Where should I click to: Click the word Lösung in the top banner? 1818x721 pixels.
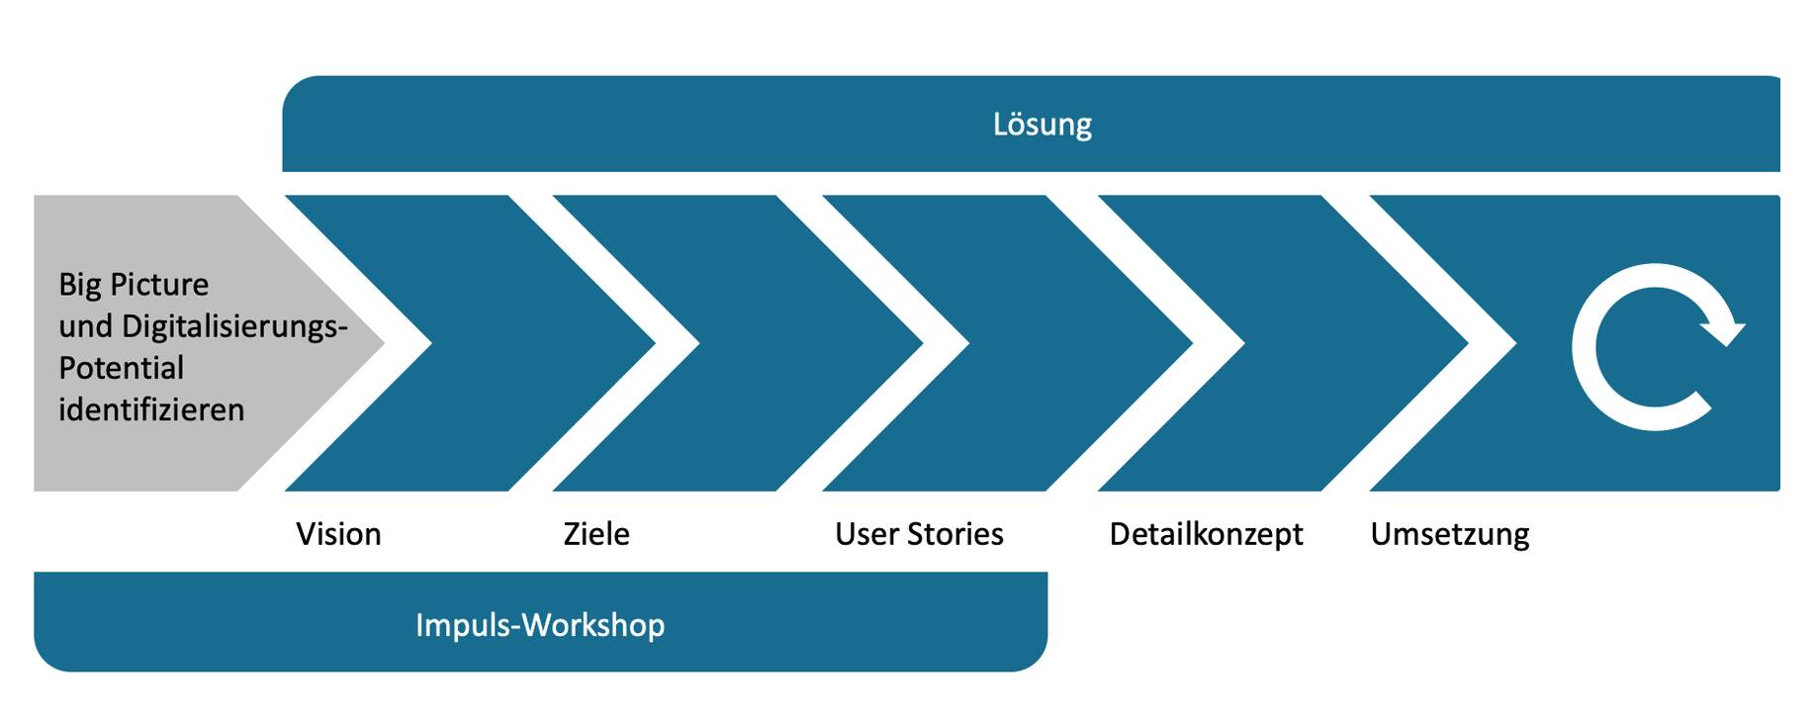point(1042,125)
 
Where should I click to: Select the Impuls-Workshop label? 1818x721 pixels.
point(540,625)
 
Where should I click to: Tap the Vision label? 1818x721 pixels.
point(338,534)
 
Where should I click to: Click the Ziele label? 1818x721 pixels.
point(596,534)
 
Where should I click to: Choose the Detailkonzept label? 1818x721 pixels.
point(1206,535)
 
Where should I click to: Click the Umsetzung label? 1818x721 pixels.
point(1450,535)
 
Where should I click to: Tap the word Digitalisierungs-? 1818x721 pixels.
point(234,327)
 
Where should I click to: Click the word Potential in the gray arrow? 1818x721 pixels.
point(121,368)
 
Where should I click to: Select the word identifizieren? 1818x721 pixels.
point(151,409)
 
